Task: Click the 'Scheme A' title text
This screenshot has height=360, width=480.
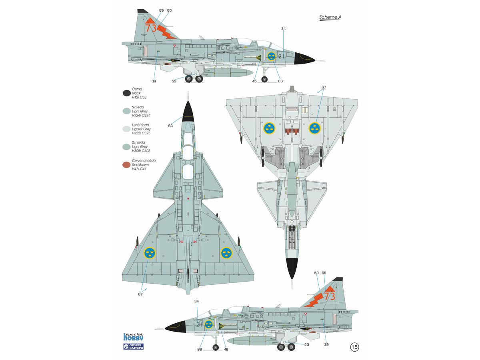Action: tap(330, 17)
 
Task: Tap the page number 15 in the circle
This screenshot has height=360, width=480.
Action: tap(355, 347)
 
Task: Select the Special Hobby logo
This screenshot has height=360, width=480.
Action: tap(133, 337)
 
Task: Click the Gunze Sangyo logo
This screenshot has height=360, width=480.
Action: tap(133, 347)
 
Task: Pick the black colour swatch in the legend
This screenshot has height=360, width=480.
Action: tap(127, 93)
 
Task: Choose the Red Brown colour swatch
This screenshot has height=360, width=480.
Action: tap(126, 165)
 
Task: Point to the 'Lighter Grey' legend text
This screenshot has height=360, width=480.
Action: tap(141, 129)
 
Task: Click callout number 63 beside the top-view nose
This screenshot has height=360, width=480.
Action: tap(170, 126)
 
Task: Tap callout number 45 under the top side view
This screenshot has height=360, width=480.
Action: tap(254, 81)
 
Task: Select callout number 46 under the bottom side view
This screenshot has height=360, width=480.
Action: tap(226, 349)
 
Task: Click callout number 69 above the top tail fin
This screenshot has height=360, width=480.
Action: tap(161, 10)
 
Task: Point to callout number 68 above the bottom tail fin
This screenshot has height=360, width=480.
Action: tap(324, 273)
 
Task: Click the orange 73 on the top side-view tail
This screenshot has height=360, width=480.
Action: tap(151, 28)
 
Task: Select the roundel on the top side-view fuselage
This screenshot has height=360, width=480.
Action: tap(271, 56)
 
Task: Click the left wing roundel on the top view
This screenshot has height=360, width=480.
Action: tap(150, 253)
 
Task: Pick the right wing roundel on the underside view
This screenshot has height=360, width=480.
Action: tap(315, 128)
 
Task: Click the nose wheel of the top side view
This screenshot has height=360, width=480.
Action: tap(264, 79)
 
